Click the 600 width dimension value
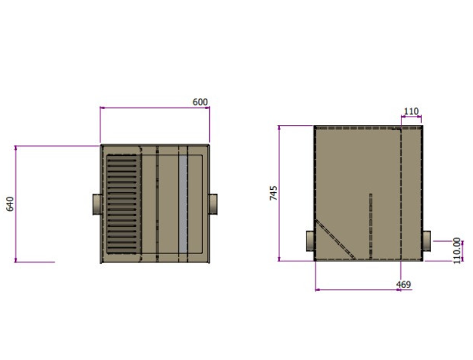(x=200, y=102)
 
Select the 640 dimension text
(x=9, y=203)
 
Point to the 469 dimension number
(x=403, y=285)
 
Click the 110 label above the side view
(x=411, y=112)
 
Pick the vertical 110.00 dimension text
(x=457, y=250)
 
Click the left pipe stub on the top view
(x=97, y=204)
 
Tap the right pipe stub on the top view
(x=213, y=203)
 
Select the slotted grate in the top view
(x=121, y=204)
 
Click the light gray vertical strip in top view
(x=183, y=203)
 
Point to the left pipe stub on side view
(x=311, y=240)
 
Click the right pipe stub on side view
(x=427, y=240)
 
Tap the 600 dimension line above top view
(x=154, y=108)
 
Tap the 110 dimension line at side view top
(x=411, y=118)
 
